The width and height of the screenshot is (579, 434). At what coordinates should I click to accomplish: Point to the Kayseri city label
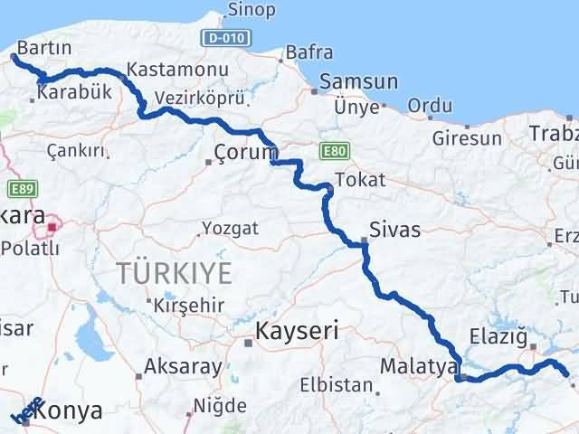click(x=297, y=332)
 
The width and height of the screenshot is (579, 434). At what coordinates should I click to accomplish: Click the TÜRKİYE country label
click(x=173, y=271)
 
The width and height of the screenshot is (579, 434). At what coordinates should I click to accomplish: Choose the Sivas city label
click(x=395, y=230)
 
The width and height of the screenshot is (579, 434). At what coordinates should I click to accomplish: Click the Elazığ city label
click(x=498, y=337)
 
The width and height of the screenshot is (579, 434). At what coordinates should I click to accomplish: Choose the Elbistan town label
click(x=337, y=385)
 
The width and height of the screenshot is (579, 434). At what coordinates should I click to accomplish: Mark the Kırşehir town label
click(x=188, y=305)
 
